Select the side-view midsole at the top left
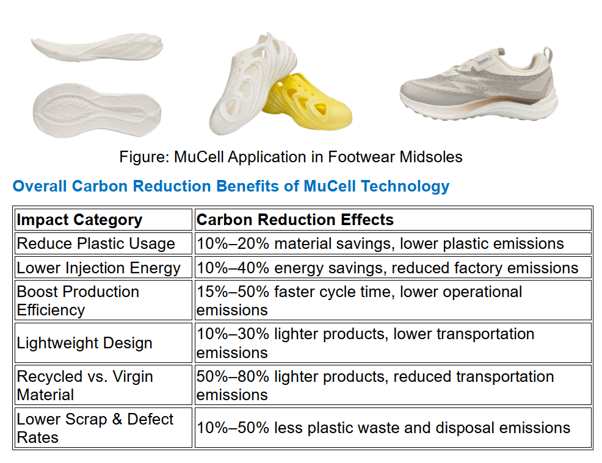[96, 48]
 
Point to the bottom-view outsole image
[96, 110]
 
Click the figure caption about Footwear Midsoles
[291, 157]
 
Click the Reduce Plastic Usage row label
[96, 243]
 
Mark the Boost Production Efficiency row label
[78, 301]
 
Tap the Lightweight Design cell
[103, 343]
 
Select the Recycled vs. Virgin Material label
[85, 386]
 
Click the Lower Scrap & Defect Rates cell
[103, 428]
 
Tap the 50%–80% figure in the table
[233, 377]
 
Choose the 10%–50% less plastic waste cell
[393, 428]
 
